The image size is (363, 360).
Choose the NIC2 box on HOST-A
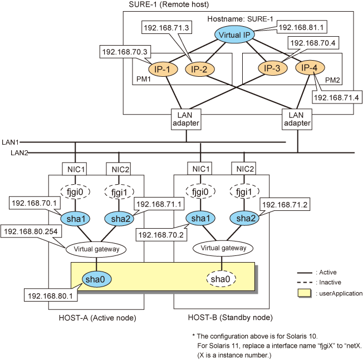117,169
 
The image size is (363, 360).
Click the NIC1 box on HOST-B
200,169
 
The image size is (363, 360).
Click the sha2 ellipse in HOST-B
243,219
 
